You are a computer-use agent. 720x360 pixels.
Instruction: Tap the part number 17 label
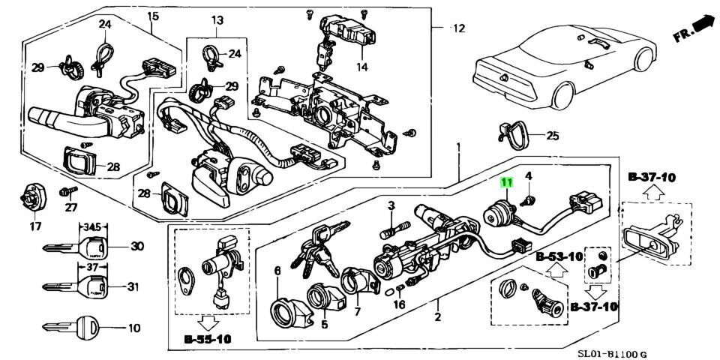35,226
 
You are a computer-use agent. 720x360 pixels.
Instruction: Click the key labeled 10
70,328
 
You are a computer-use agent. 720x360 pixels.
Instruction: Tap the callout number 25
552,136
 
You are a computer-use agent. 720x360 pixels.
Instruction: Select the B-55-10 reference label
208,340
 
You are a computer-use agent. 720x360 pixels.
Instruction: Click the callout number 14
361,67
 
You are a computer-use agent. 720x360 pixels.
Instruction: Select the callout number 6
277,271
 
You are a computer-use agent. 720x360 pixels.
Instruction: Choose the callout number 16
399,304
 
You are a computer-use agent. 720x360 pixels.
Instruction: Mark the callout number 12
459,28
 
